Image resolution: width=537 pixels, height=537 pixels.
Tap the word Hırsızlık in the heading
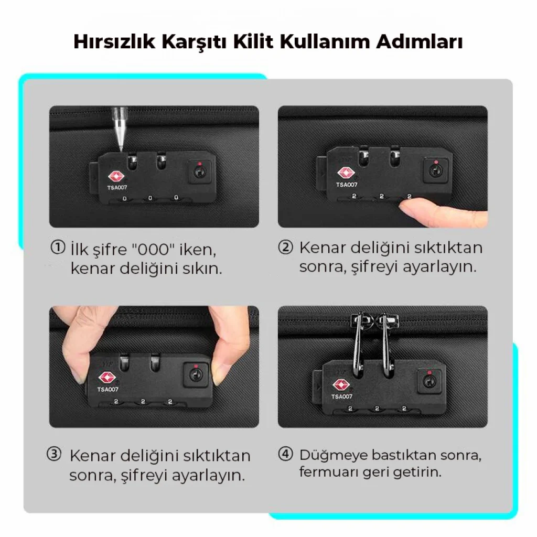[114, 41]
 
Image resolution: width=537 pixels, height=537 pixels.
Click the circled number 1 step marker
[58, 248]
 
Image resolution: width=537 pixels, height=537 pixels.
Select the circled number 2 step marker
[285, 248]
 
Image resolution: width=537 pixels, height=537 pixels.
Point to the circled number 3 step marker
[54, 454]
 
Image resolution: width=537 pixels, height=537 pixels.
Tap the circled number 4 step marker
[285, 454]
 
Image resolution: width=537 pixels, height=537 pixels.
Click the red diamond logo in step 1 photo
[116, 176]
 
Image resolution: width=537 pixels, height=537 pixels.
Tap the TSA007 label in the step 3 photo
[108, 390]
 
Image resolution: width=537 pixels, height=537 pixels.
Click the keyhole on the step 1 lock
[199, 171]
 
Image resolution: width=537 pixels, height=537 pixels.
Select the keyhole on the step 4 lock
[428, 381]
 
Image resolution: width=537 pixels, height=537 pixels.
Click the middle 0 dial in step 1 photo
[150, 198]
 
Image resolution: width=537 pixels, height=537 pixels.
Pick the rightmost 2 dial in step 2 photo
[409, 196]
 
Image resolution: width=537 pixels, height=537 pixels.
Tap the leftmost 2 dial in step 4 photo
[350, 408]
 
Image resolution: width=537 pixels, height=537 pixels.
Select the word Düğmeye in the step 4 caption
[333, 456]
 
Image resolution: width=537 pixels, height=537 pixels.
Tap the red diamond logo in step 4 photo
[340, 385]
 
